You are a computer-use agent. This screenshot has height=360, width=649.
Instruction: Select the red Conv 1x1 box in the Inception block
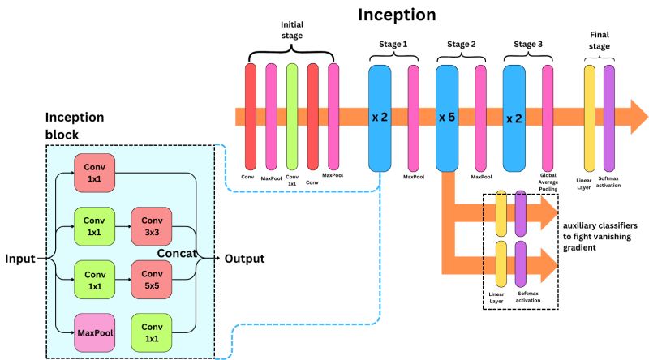click(x=94, y=173)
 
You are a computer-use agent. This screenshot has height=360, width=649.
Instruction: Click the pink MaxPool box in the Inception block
click(x=94, y=332)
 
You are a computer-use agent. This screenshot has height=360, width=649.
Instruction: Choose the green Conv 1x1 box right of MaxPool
click(x=152, y=332)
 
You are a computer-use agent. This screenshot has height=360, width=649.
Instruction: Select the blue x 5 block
click(x=448, y=118)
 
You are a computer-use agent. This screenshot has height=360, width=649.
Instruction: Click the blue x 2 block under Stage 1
click(x=380, y=118)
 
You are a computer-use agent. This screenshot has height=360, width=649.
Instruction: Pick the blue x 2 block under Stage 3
click(x=514, y=118)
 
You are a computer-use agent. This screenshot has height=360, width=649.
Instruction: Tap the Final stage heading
click(x=599, y=41)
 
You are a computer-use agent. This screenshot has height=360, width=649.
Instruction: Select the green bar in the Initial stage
click(x=292, y=114)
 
